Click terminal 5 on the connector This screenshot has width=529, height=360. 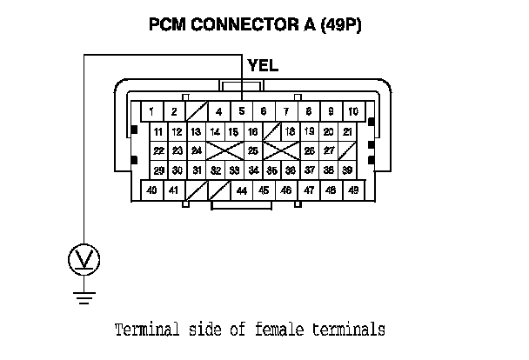click(241, 111)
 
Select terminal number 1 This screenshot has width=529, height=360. click(151, 111)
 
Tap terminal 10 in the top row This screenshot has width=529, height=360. click(353, 111)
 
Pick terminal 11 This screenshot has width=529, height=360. click(157, 131)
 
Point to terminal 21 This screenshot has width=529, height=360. click(347, 131)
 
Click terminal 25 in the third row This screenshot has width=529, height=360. click(252, 150)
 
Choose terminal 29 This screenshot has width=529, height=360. click(157, 170)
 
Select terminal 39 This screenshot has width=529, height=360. click(347, 170)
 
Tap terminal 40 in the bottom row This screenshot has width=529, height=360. click(151, 190)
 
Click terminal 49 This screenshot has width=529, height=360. click(353, 190)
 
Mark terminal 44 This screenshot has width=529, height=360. click(241, 190)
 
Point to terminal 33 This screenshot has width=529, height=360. click(234, 170)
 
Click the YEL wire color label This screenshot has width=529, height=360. click(263, 65)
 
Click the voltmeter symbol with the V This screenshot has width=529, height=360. click(84, 258)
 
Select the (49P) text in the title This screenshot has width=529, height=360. click(339, 26)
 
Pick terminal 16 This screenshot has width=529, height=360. click(252, 131)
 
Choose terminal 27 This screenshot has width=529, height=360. click(330, 150)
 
